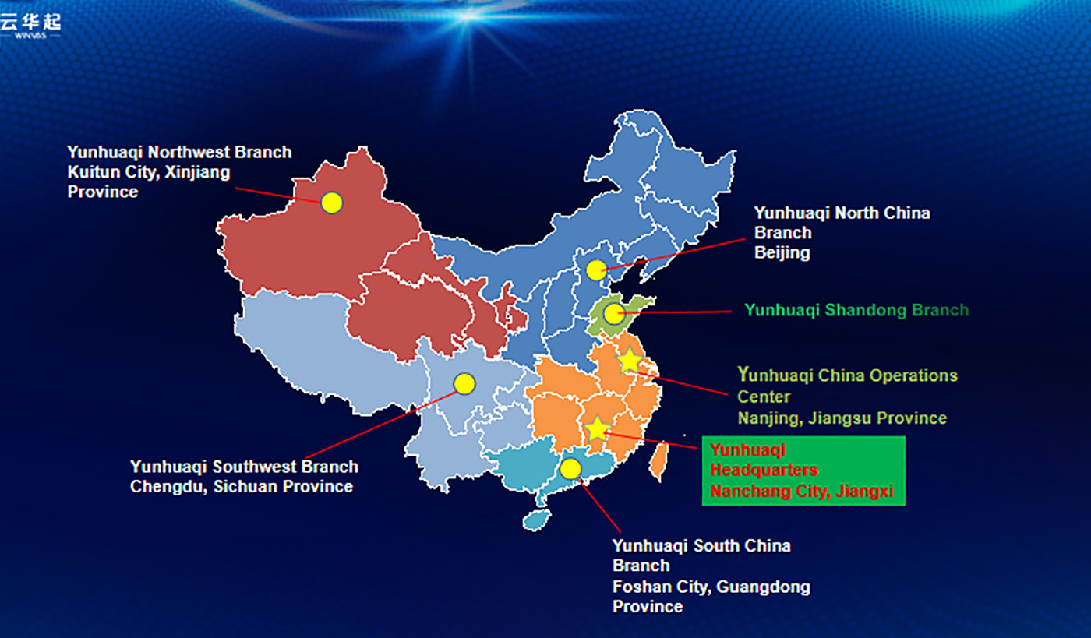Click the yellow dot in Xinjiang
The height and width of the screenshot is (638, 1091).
pos(332,203)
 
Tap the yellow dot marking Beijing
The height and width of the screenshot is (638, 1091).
pos(596,270)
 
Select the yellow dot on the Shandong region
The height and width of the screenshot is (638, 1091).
pos(614,314)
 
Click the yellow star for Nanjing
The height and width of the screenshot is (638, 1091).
pos(630,361)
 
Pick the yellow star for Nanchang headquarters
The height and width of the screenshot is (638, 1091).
pos(597,429)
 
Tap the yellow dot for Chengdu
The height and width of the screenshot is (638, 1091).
pos(464,384)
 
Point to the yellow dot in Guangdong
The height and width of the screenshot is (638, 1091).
pos(570,469)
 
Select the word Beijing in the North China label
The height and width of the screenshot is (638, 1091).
pos(782,252)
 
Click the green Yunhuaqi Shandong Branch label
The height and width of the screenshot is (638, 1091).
pos(856,310)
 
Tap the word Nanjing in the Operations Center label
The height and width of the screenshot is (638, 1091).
pos(770,418)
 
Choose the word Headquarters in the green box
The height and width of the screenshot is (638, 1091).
pos(764,470)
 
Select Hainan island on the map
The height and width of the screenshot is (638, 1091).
pos(536,520)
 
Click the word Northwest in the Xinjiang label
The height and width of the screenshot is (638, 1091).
pos(189,153)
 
